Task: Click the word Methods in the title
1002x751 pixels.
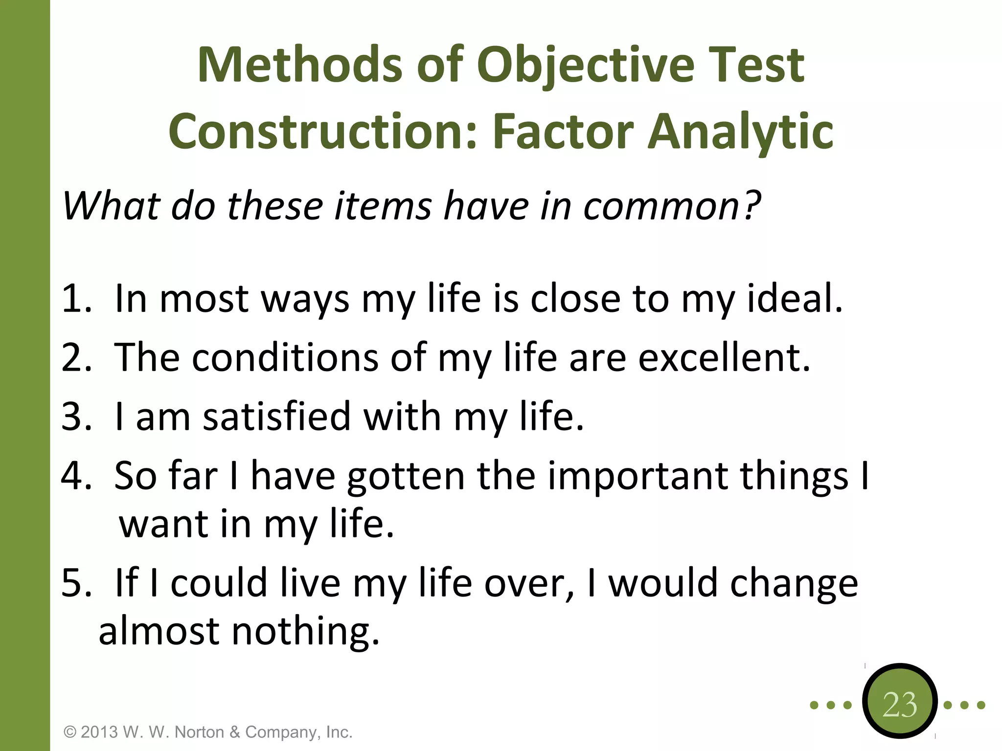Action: coord(299,65)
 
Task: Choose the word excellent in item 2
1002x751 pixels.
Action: coord(724,357)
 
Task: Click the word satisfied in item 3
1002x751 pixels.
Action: coord(277,416)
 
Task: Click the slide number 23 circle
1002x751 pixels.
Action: coord(899,705)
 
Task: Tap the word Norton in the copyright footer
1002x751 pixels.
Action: coord(200,732)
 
